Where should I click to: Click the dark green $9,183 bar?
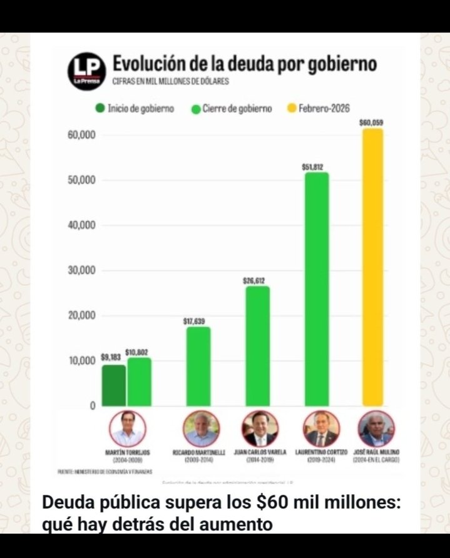click(113, 385)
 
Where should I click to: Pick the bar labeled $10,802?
click(139, 382)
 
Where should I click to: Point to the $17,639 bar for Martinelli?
click(198, 366)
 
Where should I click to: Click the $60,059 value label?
click(371, 123)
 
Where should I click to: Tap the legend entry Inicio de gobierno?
click(134, 109)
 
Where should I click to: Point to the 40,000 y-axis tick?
click(81, 225)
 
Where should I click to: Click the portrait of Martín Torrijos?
click(127, 429)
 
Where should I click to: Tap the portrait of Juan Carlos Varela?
click(259, 429)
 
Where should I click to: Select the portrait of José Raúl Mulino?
click(376, 429)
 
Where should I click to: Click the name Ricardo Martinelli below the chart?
click(198, 452)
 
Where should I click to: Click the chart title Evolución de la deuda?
click(244, 64)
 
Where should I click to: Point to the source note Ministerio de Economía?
click(105, 471)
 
